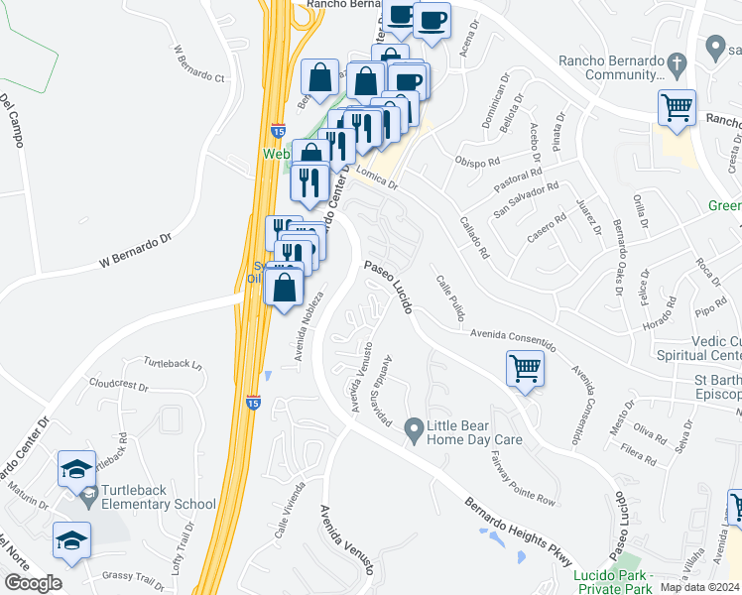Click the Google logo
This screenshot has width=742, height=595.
click(x=33, y=583)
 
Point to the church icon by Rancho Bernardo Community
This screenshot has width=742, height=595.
click(x=677, y=62)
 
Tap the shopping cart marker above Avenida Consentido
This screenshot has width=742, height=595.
click(x=525, y=368)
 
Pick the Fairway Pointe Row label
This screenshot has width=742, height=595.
click(x=523, y=478)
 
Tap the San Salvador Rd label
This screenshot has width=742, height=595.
click(x=527, y=202)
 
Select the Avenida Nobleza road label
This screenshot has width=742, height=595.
click(x=307, y=327)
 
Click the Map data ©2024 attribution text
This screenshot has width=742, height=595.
click(x=699, y=587)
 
